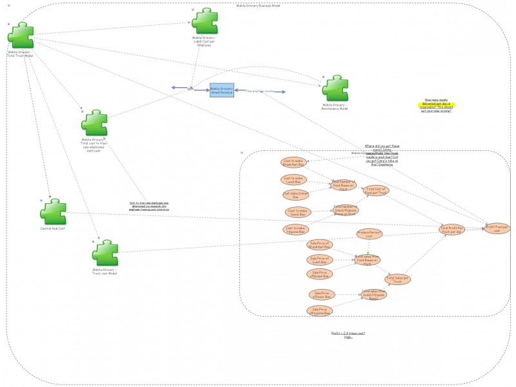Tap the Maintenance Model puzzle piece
click(335, 88)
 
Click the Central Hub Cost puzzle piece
click(53, 212)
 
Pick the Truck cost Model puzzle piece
click(104, 253)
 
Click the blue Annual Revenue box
click(222, 91)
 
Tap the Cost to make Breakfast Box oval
click(293, 163)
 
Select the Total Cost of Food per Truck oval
click(375, 191)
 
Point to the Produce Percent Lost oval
click(370, 234)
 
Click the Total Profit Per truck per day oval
click(453, 229)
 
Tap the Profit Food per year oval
click(497, 228)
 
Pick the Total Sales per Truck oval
click(397, 279)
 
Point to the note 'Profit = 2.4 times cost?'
click(348, 335)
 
